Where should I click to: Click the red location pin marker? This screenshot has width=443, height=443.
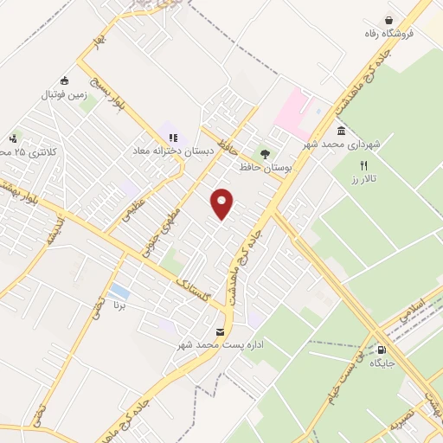pyautogui.click(x=222, y=202)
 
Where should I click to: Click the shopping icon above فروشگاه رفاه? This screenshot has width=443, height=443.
pyautogui.click(x=389, y=19)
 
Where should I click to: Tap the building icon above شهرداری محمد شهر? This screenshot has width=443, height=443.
pyautogui.click(x=341, y=131)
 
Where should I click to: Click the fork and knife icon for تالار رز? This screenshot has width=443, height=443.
pyautogui.click(x=364, y=164)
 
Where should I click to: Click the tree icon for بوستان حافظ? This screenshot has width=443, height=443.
pyautogui.click(x=265, y=152)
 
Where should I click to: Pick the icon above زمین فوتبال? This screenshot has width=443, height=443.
pyautogui.click(x=66, y=81)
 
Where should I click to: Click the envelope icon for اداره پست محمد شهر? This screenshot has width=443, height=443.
pyautogui.click(x=219, y=332)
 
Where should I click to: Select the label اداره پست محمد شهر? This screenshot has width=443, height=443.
pyautogui.click(x=219, y=345)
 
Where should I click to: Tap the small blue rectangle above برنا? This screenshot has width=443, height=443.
pyautogui.click(x=120, y=292)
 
